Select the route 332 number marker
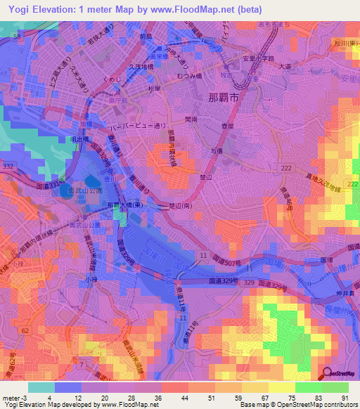tap(10, 164)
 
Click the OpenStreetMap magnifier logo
tap(326, 374)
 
